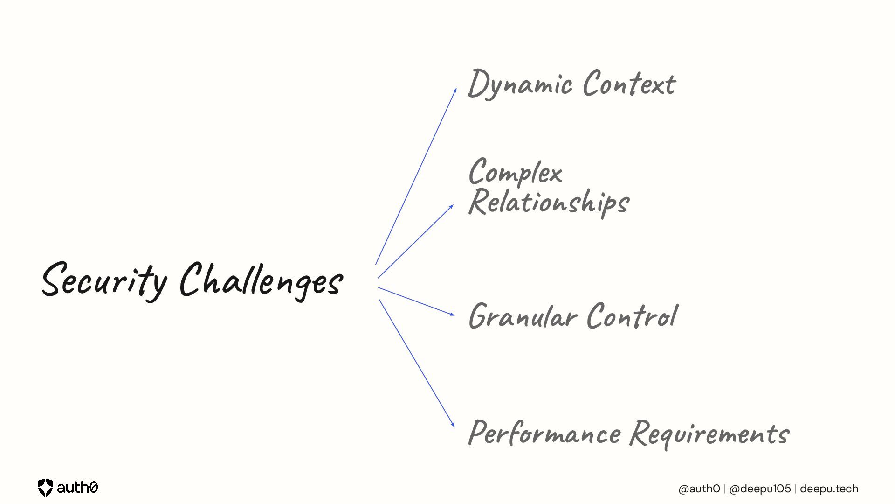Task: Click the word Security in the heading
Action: point(104,280)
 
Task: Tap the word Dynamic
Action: point(520,84)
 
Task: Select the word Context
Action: point(629,84)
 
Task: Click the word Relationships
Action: point(549,202)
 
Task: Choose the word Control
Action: point(632,316)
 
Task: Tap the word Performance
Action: point(544,433)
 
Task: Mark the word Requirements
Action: point(709,433)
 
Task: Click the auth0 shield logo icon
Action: point(45,488)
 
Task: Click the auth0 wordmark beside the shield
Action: point(77,488)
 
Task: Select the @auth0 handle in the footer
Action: point(699,489)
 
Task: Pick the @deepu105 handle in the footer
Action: point(760,489)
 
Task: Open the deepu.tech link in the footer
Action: point(829,489)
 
